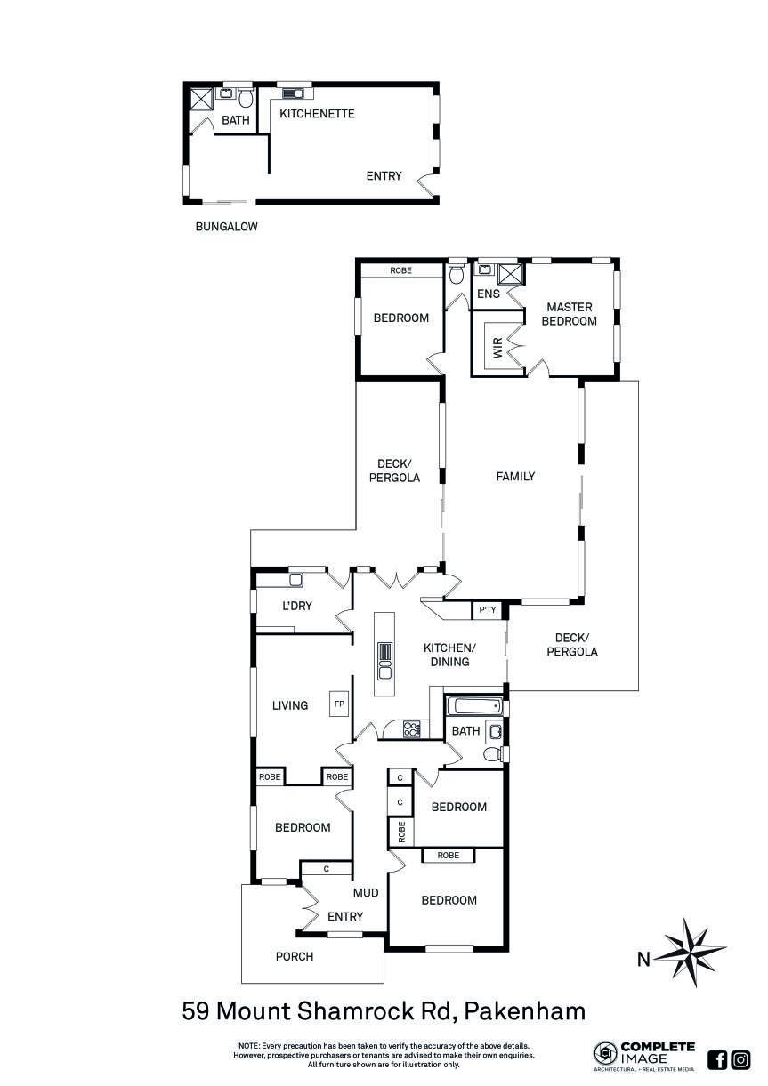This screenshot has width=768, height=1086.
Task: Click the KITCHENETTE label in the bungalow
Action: click(317, 114)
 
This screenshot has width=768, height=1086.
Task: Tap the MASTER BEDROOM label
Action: click(570, 314)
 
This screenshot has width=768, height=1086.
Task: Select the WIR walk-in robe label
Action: click(497, 344)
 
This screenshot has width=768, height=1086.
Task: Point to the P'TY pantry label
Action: click(487, 610)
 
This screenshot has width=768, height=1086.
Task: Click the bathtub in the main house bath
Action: click(472, 708)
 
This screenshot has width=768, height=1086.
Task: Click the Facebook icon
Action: click(717, 1059)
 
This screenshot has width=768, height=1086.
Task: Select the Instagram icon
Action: click(740, 1059)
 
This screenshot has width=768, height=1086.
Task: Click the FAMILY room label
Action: click(515, 477)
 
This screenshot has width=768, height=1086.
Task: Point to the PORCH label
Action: click(294, 957)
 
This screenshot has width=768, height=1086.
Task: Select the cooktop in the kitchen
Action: click(412, 729)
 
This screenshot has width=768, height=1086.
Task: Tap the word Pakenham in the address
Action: click(524, 1011)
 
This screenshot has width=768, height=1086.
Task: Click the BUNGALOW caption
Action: click(226, 227)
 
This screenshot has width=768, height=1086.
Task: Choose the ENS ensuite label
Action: click(489, 294)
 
